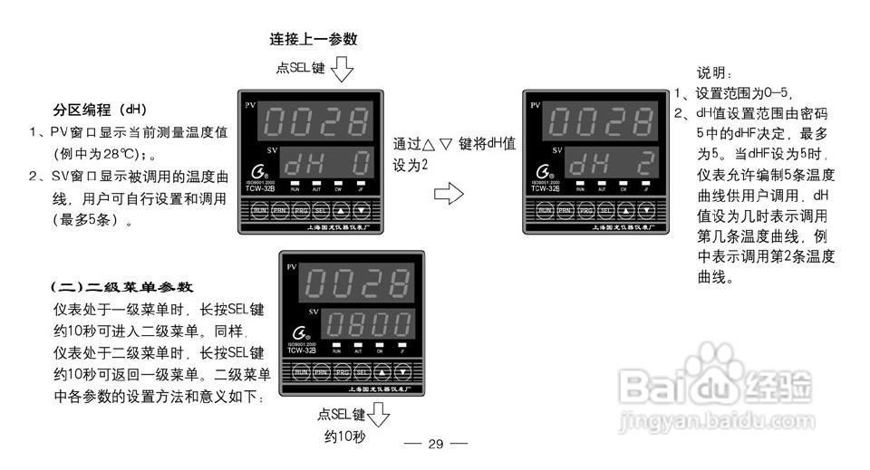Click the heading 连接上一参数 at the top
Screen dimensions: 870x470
(314, 40)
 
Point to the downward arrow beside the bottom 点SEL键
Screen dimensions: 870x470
(378, 417)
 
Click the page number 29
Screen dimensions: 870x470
(435, 444)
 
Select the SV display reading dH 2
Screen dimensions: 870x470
(612, 164)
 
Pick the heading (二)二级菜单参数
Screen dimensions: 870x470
(121, 287)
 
